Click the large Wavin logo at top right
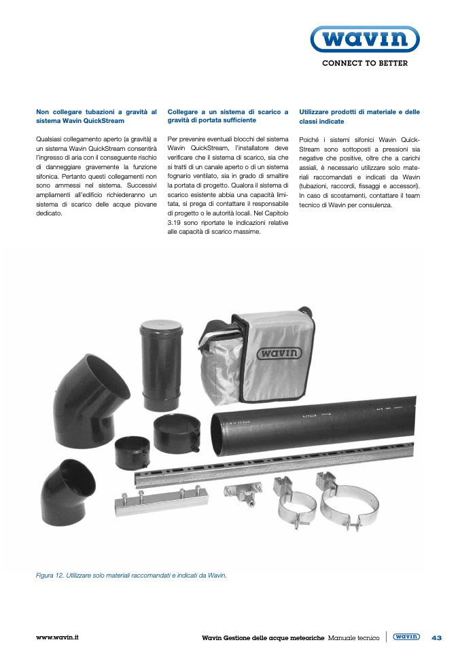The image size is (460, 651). (364, 39)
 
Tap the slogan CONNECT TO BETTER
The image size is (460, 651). (364, 63)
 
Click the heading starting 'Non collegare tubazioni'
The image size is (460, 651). (96, 116)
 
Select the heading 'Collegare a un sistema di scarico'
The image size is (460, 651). (228, 116)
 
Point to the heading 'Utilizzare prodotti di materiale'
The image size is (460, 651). (359, 116)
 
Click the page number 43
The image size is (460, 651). (436, 637)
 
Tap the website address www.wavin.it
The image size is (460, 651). (58, 637)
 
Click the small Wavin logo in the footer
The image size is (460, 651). (406, 637)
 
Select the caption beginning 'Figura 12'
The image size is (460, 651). (131, 576)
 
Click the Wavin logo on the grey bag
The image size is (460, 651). (278, 353)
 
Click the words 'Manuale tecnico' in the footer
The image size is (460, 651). (354, 637)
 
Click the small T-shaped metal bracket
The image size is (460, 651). (243, 493)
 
